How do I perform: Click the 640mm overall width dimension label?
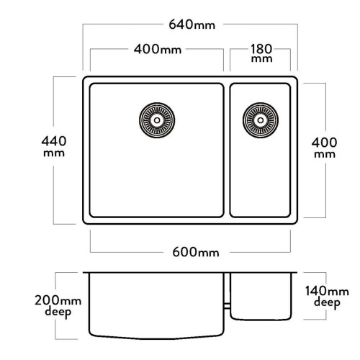(x=192, y=24)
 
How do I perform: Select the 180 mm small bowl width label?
(x=261, y=53)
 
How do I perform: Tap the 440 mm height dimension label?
(x=54, y=146)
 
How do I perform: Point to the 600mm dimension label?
(x=196, y=252)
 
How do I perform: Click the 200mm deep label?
(x=58, y=306)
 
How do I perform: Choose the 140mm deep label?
(x=327, y=297)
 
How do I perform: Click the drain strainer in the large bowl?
(x=157, y=120)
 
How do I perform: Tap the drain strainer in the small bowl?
(x=261, y=120)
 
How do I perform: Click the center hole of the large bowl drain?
(x=157, y=120)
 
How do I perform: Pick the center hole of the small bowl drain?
(x=261, y=120)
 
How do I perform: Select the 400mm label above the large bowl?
(x=158, y=49)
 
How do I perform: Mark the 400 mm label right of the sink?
(x=325, y=148)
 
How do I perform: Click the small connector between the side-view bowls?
(x=227, y=306)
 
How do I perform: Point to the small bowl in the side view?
(x=261, y=297)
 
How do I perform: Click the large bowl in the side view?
(x=156, y=306)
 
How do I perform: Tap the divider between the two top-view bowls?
(x=227, y=150)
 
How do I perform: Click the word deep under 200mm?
(x=58, y=312)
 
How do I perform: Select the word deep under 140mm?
(x=327, y=303)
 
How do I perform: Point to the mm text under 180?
(x=261, y=59)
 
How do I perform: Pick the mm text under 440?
(x=54, y=153)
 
